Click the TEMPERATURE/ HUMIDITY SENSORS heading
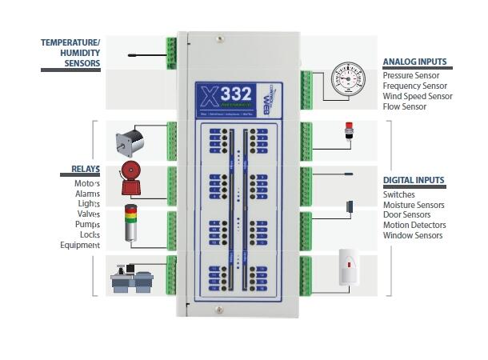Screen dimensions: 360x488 pos(70,52)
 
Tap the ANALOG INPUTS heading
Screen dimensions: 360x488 pos(414,62)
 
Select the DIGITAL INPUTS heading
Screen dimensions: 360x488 pos(414,181)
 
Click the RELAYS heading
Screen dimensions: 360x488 pos(80,170)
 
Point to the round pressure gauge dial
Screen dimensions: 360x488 pos(348,80)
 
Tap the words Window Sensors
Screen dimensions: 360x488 pos(413,236)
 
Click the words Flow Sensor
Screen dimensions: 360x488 pos(405,106)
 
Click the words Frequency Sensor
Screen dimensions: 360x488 pos(415,86)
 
